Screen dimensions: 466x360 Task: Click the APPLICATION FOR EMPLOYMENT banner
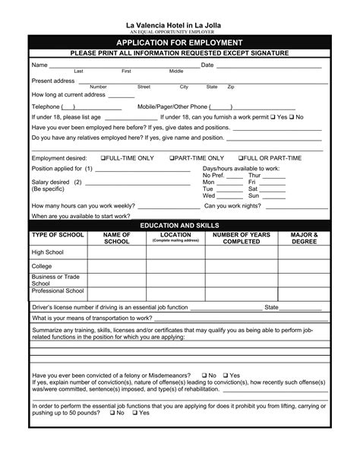click(x=180, y=43)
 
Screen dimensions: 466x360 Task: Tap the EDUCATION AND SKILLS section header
click(x=180, y=226)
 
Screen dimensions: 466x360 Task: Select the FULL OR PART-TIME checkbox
click(x=240, y=157)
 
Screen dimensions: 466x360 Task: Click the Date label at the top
click(x=207, y=65)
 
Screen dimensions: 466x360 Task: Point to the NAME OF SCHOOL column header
click(x=117, y=239)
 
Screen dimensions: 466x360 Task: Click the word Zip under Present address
click(x=231, y=87)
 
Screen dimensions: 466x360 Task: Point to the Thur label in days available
click(x=254, y=175)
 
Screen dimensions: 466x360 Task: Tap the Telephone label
click(x=45, y=106)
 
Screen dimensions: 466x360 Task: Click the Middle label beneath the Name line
click(x=176, y=71)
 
